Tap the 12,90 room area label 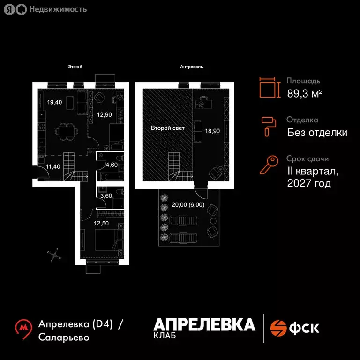[x=104, y=114]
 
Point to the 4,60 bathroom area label [x=111, y=165]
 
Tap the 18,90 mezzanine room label [x=212, y=131]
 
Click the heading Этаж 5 [x=75, y=67]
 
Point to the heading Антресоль [x=192, y=67]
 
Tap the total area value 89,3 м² [x=305, y=93]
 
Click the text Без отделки [x=317, y=133]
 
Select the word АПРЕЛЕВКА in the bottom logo [x=204, y=324]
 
